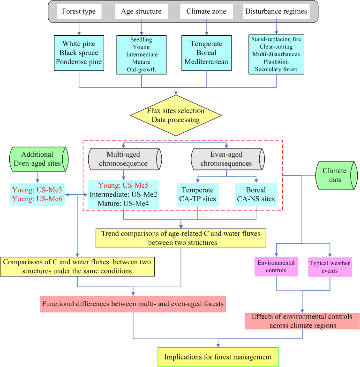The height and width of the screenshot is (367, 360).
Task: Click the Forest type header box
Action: pos(78,11)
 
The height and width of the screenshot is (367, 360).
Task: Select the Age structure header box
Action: pos(142,11)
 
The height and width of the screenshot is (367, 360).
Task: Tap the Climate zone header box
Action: pos(206,11)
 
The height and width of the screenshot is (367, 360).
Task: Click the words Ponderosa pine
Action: pos(78,61)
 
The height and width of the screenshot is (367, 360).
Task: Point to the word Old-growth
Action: pos(141,70)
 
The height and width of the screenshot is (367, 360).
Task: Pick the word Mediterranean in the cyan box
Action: pos(206,61)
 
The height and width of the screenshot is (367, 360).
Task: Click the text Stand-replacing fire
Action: pos(276,39)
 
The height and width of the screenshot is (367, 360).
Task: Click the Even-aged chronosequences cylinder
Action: pos(226,159)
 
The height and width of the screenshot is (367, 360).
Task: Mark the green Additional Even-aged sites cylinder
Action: pos(37,159)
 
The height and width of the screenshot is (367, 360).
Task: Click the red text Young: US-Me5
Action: pos(123,185)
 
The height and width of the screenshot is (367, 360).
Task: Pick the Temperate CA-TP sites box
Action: pos(198,194)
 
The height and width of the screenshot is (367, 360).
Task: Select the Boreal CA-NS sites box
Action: pos(256,194)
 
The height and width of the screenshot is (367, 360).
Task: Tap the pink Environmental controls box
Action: pos(276,266)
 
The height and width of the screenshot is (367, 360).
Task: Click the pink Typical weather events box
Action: pos(330,267)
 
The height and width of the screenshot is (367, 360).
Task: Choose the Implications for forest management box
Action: pos(218,357)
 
